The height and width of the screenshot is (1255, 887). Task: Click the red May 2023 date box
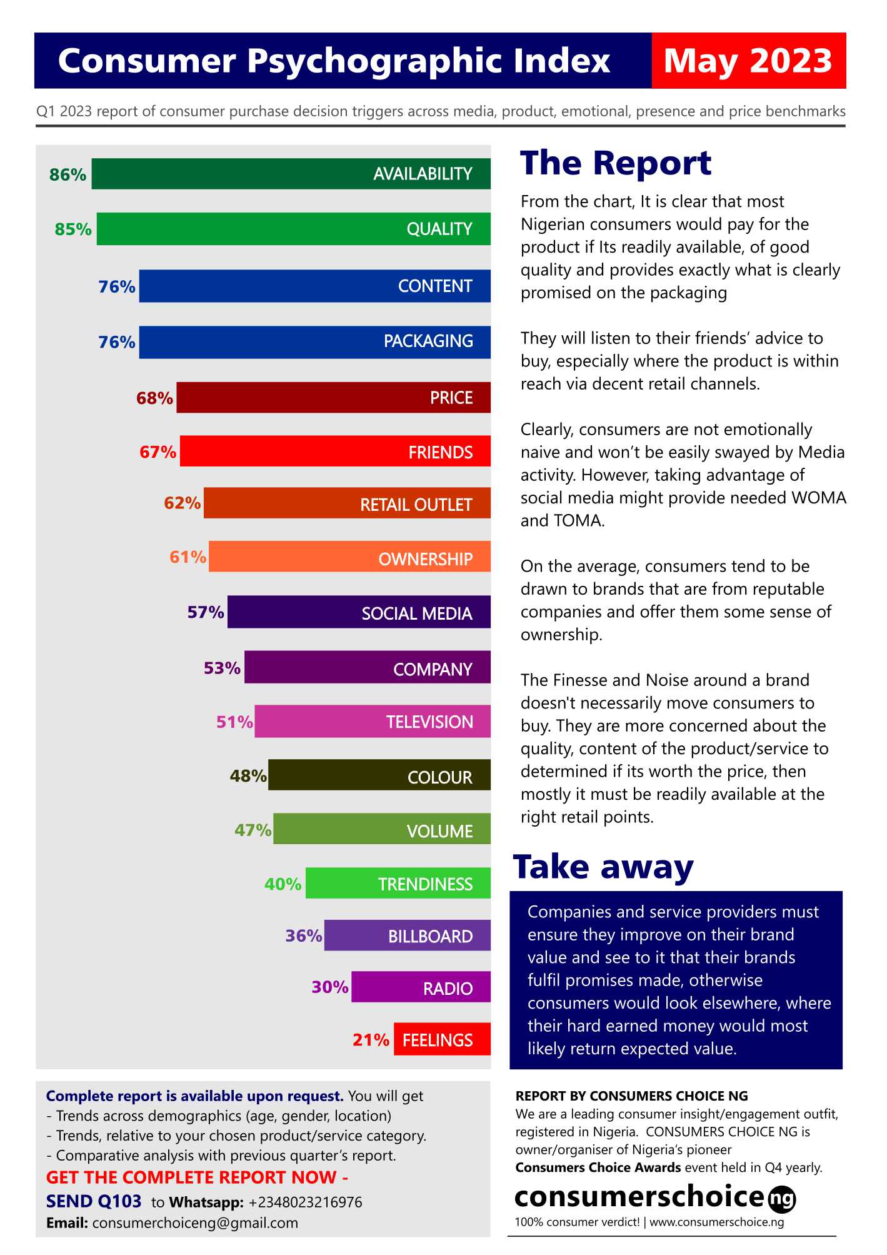748,61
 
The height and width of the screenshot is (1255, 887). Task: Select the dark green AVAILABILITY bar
291,174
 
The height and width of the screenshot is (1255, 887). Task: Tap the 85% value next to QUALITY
73,229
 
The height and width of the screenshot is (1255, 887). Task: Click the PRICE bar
333,398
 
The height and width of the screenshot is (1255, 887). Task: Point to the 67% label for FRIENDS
158,451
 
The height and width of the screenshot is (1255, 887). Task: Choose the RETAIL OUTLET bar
347,503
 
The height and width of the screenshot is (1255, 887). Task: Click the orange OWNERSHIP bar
349,557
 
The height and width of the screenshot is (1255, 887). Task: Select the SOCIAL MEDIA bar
359,612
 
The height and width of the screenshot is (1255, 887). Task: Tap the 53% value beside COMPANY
222,668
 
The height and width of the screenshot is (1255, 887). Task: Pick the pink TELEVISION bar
373,722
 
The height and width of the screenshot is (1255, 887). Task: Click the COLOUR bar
379,776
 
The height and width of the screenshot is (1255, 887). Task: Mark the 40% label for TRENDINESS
283,884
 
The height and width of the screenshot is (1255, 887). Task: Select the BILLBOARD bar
407,935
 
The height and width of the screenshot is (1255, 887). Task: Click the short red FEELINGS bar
442,1039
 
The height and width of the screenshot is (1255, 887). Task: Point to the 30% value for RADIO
330,987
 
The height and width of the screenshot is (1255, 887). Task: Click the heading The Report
616,164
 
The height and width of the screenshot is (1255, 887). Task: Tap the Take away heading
603,867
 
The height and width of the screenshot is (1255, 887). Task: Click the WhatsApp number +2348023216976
305,1202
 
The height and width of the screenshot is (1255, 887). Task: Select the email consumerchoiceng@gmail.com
195,1223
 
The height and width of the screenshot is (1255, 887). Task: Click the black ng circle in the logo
781,1199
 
